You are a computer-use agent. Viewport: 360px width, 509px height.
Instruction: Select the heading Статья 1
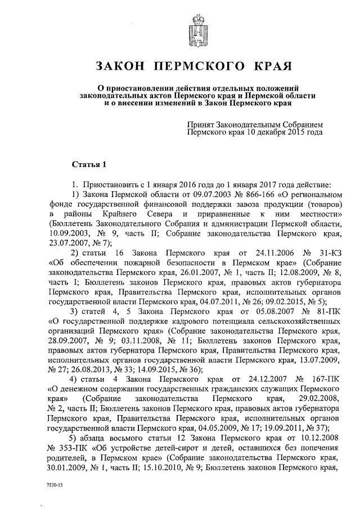(89, 164)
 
